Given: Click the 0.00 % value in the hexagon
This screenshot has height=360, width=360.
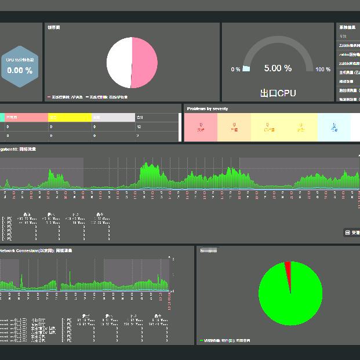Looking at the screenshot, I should (x=20, y=71).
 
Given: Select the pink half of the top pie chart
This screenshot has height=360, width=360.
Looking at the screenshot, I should (x=144, y=63).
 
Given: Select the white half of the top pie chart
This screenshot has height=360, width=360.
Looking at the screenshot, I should (x=119, y=63).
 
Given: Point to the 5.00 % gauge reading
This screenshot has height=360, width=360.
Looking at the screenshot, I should (x=278, y=68).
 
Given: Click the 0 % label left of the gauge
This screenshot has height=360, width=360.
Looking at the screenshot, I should (x=236, y=70).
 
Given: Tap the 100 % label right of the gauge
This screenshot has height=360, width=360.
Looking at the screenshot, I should (x=323, y=70).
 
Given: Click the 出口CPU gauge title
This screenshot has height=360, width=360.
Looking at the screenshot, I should (x=278, y=93).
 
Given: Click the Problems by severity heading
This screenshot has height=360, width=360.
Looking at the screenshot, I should (x=208, y=108).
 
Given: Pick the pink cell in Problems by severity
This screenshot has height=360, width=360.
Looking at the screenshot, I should (x=201, y=127).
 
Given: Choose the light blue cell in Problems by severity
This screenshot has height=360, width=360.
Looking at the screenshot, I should (x=334, y=127).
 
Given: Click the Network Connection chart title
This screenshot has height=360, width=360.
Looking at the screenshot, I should (x=35, y=250).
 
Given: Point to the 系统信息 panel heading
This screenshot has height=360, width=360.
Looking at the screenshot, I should (x=347, y=27).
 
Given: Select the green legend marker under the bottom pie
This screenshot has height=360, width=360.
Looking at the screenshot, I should (x=201, y=341).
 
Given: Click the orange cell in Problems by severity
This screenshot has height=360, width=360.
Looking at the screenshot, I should (x=234, y=127).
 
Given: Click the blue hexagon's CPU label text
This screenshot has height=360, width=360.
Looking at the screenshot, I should (x=20, y=60).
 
